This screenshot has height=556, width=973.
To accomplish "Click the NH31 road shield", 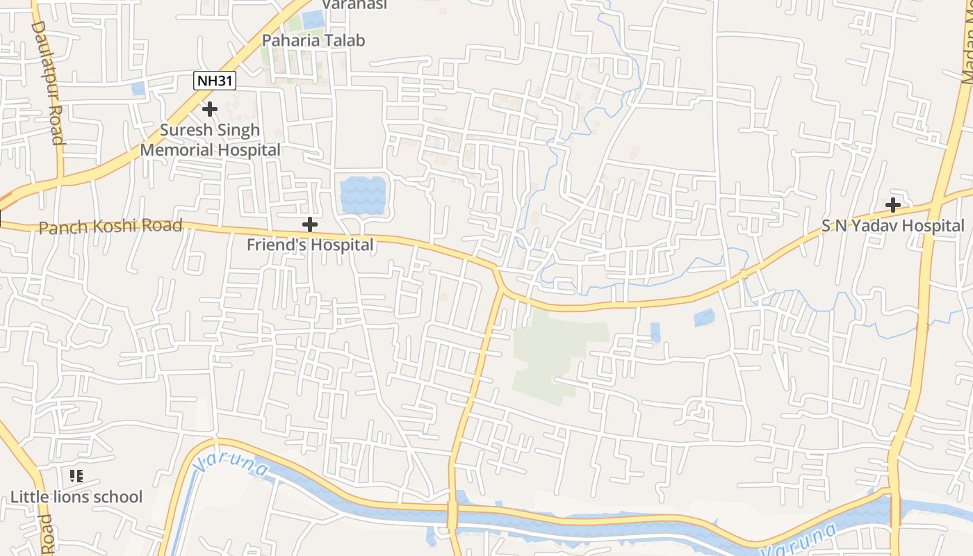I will tap(215, 81).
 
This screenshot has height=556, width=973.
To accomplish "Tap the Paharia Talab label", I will tap(313, 40).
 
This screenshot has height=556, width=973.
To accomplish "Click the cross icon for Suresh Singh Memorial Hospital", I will tap(210, 109).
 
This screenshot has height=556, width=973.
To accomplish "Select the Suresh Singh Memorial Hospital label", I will tap(211, 140).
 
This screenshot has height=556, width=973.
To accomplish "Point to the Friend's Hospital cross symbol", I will tap(310, 224).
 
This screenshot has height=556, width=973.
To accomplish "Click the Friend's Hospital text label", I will tap(310, 245).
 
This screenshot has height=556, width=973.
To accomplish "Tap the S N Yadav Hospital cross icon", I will tap(894, 205).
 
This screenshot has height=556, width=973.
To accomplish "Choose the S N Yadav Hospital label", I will tap(893, 226).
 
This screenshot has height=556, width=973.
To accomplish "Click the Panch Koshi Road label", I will tap(111, 227).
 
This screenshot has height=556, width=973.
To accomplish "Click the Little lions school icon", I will tap(76, 476).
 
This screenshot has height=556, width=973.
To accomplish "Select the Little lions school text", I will tap(76, 497).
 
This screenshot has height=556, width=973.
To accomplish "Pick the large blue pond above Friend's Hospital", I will tap(362, 195).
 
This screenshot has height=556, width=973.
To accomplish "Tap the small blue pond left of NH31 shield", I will tap(138, 88).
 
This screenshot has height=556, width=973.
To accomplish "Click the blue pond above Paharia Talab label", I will tap(314, 19).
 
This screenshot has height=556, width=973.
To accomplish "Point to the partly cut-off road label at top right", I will tap(967, 49).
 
